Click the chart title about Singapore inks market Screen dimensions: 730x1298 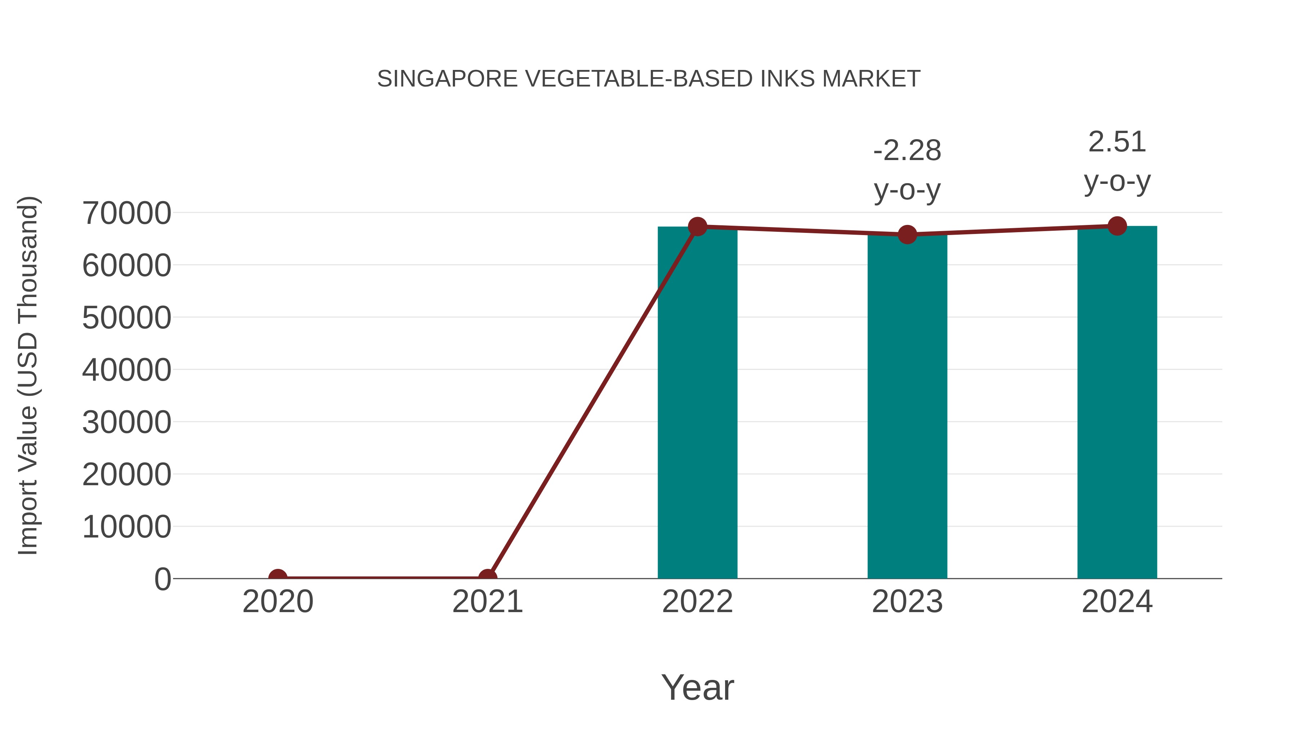click(649, 79)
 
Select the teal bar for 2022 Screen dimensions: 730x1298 click(697, 403)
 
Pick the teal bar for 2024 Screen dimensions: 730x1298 click(1117, 403)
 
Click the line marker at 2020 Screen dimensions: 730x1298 click(278, 578)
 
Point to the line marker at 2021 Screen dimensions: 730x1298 click(487, 578)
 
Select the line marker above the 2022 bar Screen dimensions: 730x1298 click(697, 227)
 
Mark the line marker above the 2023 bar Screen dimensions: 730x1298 click(907, 235)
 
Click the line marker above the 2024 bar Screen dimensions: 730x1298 click(1117, 226)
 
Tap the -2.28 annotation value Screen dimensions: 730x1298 click(907, 151)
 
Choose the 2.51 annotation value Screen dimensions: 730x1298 click(1117, 142)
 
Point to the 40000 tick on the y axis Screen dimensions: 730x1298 click(127, 370)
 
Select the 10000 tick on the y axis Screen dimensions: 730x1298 click(127, 527)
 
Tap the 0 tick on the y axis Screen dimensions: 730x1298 click(163, 579)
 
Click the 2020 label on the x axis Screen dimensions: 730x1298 click(278, 602)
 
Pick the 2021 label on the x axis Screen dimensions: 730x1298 click(487, 602)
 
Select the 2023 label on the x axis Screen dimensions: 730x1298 click(907, 602)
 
